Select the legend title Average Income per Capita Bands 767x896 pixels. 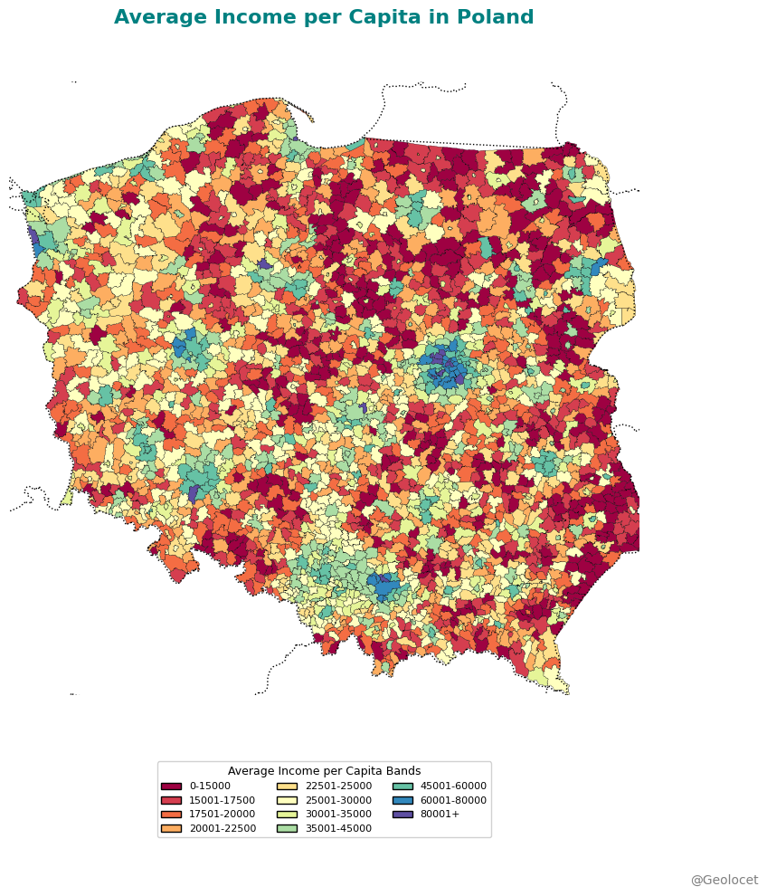point(324,771)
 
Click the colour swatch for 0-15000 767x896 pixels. point(171,786)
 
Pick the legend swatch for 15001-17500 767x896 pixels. point(171,800)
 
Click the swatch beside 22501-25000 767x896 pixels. point(287,786)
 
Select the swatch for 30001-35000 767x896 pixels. point(287,815)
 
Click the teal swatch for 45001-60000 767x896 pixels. point(402,786)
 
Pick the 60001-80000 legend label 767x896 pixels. point(453,800)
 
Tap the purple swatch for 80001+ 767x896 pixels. point(402,815)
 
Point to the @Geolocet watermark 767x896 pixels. point(724,881)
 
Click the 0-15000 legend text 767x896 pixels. point(210,786)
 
